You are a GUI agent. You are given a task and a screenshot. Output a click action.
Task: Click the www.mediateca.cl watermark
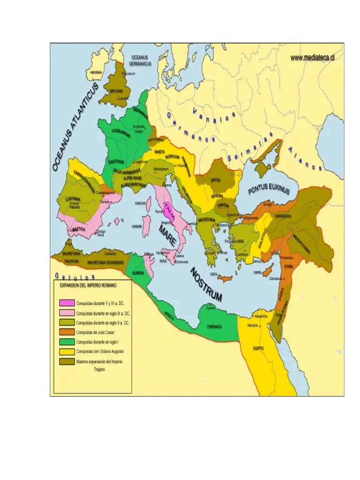tap(312, 58)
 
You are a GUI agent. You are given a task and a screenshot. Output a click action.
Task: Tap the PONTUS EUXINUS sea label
tap(269, 189)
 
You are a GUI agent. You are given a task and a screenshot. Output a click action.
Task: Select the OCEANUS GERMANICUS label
tap(140, 60)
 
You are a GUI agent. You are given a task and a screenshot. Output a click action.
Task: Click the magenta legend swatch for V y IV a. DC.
tap(67, 303)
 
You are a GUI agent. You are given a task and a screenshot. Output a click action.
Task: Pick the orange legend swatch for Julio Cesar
tap(67, 332)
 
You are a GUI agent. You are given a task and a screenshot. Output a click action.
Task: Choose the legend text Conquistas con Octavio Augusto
tap(99, 352)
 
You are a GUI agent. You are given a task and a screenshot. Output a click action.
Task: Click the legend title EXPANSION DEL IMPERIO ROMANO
tap(88, 285)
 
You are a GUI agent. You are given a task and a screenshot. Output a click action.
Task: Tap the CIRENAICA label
tap(216, 326)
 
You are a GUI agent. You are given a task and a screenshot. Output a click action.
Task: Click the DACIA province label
tap(216, 180)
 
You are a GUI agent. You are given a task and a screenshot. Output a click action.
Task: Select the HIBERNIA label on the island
tap(96, 73)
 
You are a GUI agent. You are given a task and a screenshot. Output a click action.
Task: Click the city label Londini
tap(123, 99)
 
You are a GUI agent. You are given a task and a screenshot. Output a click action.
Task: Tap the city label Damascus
tap(275, 278)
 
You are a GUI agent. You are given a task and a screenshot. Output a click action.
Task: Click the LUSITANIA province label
tap(74, 199)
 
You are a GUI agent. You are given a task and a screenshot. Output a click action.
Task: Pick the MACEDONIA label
tap(206, 219)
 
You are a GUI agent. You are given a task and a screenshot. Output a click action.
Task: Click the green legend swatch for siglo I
tap(67, 342)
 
